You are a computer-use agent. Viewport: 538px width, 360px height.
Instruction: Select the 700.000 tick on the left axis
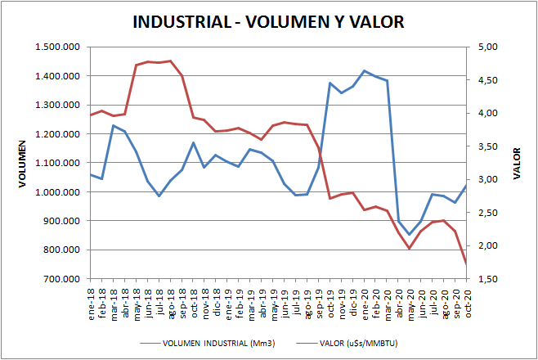[x=61, y=279]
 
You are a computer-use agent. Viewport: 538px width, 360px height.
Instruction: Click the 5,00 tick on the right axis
[x=488, y=47]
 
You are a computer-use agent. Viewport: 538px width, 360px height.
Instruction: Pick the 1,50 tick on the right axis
[x=488, y=279]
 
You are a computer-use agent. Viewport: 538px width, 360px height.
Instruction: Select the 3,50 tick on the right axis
[x=488, y=147]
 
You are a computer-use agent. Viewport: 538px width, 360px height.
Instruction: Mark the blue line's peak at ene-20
[x=364, y=71]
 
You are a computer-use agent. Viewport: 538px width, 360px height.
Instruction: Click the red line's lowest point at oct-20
[x=467, y=263]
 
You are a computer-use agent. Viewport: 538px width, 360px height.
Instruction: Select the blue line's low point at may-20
[x=410, y=235]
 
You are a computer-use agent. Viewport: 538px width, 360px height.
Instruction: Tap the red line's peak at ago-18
[x=170, y=61]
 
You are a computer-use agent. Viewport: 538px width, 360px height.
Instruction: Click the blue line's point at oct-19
[x=330, y=83]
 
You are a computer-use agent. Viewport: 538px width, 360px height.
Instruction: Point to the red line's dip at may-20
[x=410, y=248]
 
